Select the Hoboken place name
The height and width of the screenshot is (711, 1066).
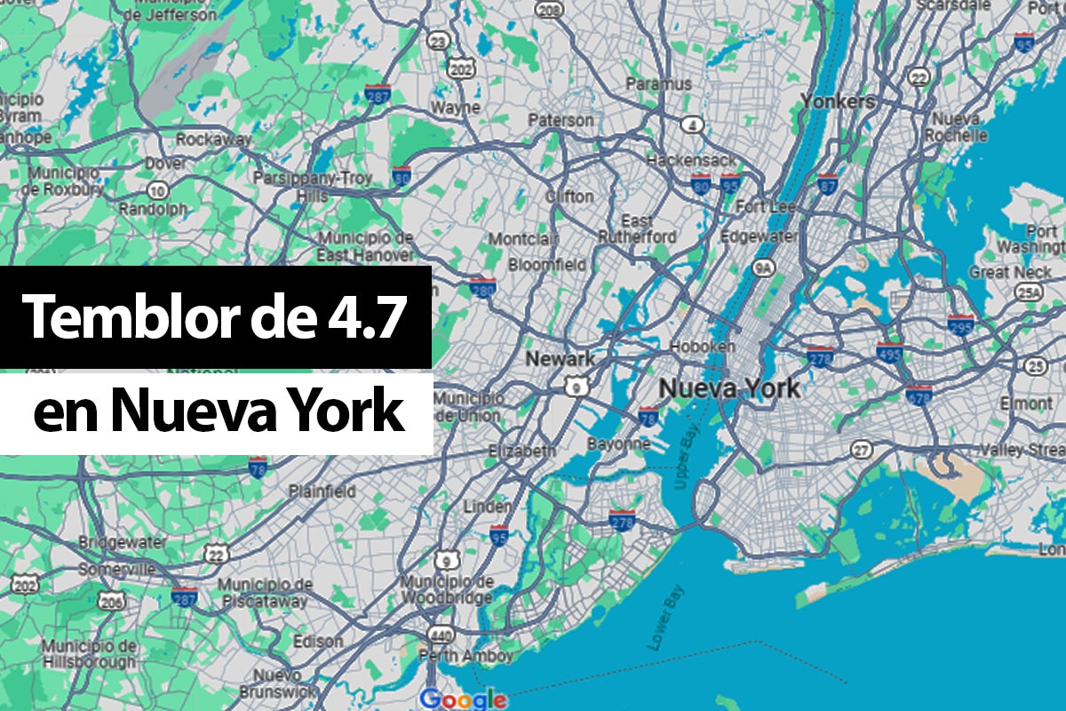pyautogui.click(x=703, y=346)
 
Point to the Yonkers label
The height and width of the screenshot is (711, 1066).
pyautogui.click(x=837, y=101)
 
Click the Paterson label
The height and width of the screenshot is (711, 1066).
pyautogui.click(x=561, y=119)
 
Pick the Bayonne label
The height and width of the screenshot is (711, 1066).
pyautogui.click(x=618, y=443)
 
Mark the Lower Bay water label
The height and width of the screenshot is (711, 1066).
pyautogui.click(x=664, y=615)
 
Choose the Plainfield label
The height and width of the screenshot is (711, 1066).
pyautogui.click(x=322, y=491)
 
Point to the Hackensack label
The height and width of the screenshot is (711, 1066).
pyautogui.click(x=692, y=160)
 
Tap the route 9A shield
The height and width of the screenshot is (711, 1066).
pyautogui.click(x=762, y=266)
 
